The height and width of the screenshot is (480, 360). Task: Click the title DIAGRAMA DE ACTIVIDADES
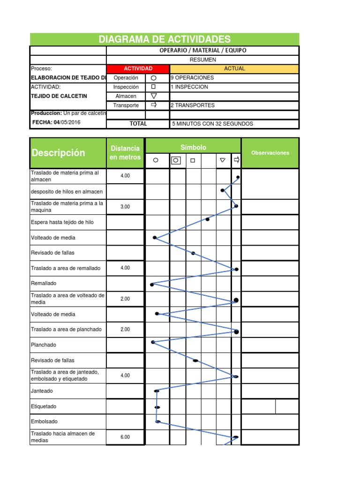[x=165, y=39]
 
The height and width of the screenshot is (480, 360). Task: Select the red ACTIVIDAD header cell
[x=138, y=68]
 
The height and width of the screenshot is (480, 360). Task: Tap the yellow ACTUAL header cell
[x=234, y=68]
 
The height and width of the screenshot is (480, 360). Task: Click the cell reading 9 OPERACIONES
[x=192, y=78]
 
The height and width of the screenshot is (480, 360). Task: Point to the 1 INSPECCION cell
[x=189, y=87]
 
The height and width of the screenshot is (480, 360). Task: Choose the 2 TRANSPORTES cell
[x=193, y=105]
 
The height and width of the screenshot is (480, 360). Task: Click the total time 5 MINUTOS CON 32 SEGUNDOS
[x=212, y=124]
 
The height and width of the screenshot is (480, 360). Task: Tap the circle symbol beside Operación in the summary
[x=153, y=78]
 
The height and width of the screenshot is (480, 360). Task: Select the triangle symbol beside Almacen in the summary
[x=153, y=96]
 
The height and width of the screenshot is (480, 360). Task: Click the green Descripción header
[x=58, y=153]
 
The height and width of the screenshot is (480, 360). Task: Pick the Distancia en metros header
[x=125, y=153]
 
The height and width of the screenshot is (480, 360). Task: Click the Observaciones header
[x=270, y=153]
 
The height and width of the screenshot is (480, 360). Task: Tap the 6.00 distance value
[x=125, y=437]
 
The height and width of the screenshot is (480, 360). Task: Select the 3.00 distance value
[x=125, y=207]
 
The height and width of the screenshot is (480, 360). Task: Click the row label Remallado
[x=44, y=284]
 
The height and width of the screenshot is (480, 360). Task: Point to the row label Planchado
[x=44, y=345]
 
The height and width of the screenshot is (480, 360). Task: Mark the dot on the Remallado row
[x=152, y=285]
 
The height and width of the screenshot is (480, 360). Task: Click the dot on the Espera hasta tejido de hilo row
[x=208, y=219]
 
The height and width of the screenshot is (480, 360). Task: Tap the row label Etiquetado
[x=44, y=406]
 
